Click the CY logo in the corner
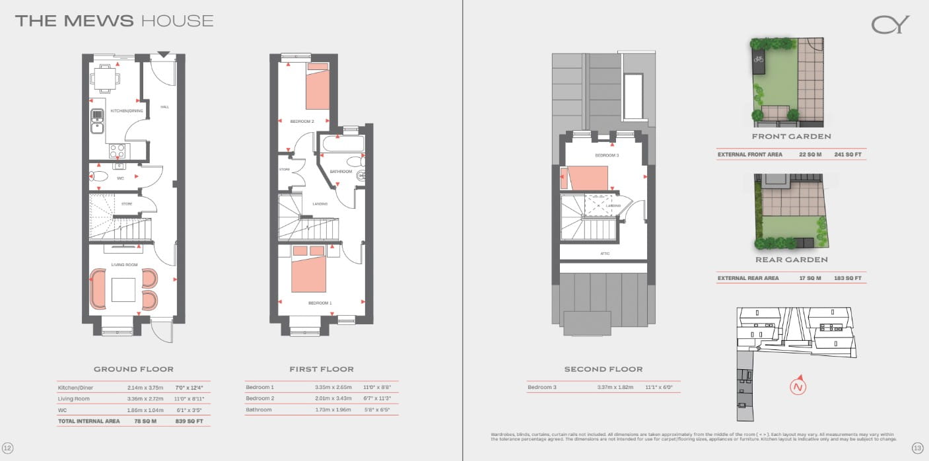pos(890,25)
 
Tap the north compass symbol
pos(799,386)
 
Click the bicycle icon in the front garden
pos(759,59)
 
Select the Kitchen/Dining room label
pos(126,111)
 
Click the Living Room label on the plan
pos(124,265)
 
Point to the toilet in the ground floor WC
pos(99,176)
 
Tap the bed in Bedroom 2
pos(316,89)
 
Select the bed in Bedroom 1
pos(309,271)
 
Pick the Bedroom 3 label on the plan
pos(606,155)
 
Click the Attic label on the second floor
pos(605,254)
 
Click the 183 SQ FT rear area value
pos(848,278)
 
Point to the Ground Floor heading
pos(133,369)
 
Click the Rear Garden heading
pos(791,260)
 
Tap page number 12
pos(8,448)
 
